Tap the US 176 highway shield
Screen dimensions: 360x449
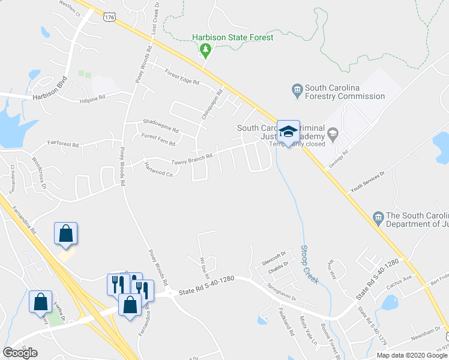pyautogui.click(x=109, y=17)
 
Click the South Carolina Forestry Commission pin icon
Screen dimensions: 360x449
pyautogui.click(x=297, y=90)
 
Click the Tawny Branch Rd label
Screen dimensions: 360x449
pyautogui.click(x=192, y=157)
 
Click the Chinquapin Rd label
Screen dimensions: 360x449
pyautogui.click(x=212, y=103)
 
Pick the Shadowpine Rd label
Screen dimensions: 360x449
pyautogui.click(x=161, y=129)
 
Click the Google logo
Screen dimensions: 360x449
pyautogui.click(x=20, y=352)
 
